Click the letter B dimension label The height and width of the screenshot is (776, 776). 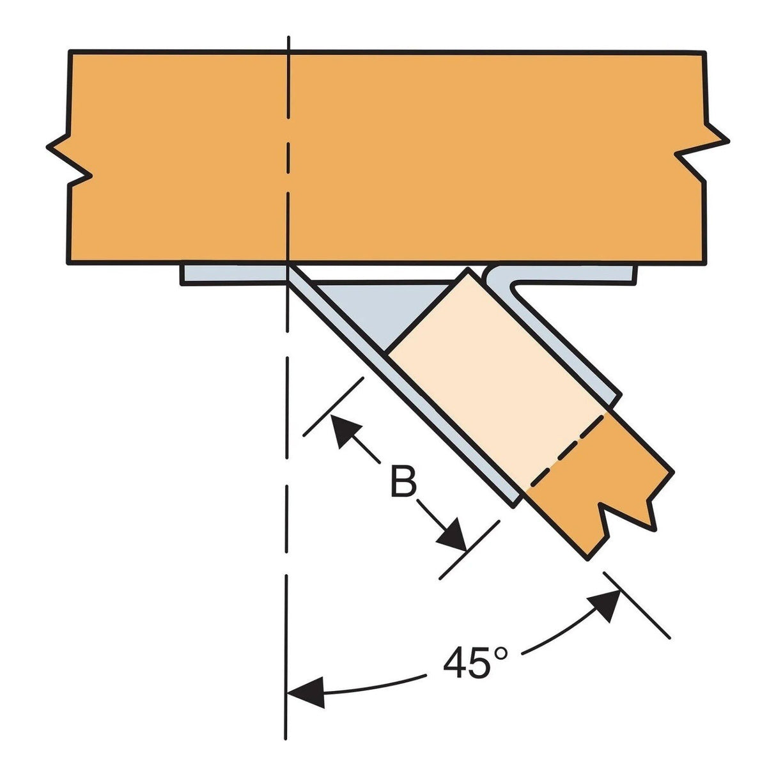click(403, 483)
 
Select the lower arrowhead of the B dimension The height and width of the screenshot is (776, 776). click(453, 536)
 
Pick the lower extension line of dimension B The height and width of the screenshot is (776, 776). click(469, 550)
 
